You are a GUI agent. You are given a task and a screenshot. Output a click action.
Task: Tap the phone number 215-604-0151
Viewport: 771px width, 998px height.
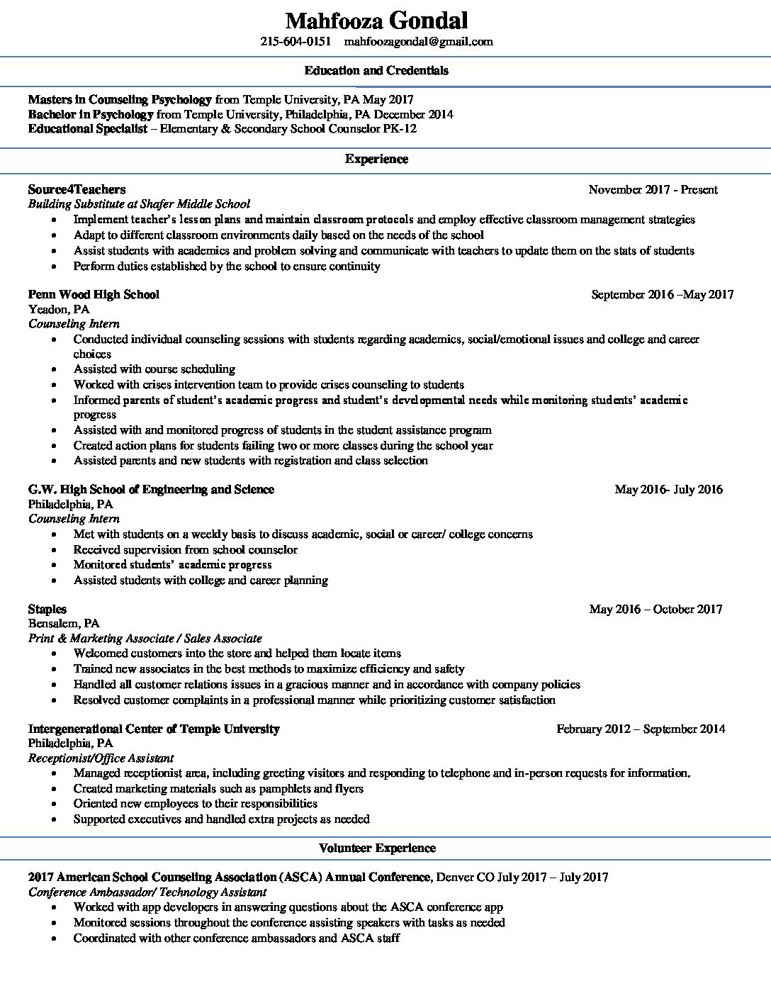296,42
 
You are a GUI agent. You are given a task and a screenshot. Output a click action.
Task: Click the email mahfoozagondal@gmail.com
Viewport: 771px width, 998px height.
418,42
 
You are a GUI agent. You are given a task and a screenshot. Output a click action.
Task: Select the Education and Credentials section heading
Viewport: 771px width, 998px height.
376,70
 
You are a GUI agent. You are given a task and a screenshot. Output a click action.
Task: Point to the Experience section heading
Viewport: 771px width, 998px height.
376,159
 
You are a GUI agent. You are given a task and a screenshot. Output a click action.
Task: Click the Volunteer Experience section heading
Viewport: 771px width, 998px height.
377,848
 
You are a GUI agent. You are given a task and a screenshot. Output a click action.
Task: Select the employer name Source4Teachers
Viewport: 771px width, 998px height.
77,189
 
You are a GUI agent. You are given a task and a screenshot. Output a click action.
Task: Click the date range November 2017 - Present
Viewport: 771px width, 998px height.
653,190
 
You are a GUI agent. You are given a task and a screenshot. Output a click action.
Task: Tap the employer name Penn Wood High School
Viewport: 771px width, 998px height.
94,294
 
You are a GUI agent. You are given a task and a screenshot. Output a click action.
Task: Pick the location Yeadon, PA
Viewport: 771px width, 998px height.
59,309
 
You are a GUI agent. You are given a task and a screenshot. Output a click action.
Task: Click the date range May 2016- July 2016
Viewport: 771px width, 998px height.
668,489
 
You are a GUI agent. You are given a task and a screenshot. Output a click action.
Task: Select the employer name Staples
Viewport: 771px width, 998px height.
47,609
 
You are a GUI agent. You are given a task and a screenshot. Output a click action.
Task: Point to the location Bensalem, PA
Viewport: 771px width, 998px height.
64,624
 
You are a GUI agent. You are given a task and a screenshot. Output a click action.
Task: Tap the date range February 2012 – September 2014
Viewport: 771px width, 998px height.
641,729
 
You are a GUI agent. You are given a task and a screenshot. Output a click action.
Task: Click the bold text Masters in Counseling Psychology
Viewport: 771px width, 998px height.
120,100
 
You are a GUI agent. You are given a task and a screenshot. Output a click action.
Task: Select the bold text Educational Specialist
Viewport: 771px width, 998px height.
88,129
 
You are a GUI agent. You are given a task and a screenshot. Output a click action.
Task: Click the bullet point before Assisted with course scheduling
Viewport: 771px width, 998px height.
55,369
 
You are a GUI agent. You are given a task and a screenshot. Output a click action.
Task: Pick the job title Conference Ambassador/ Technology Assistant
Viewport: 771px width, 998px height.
147,892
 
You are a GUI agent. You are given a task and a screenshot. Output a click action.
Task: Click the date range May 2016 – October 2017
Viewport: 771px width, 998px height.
655,609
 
